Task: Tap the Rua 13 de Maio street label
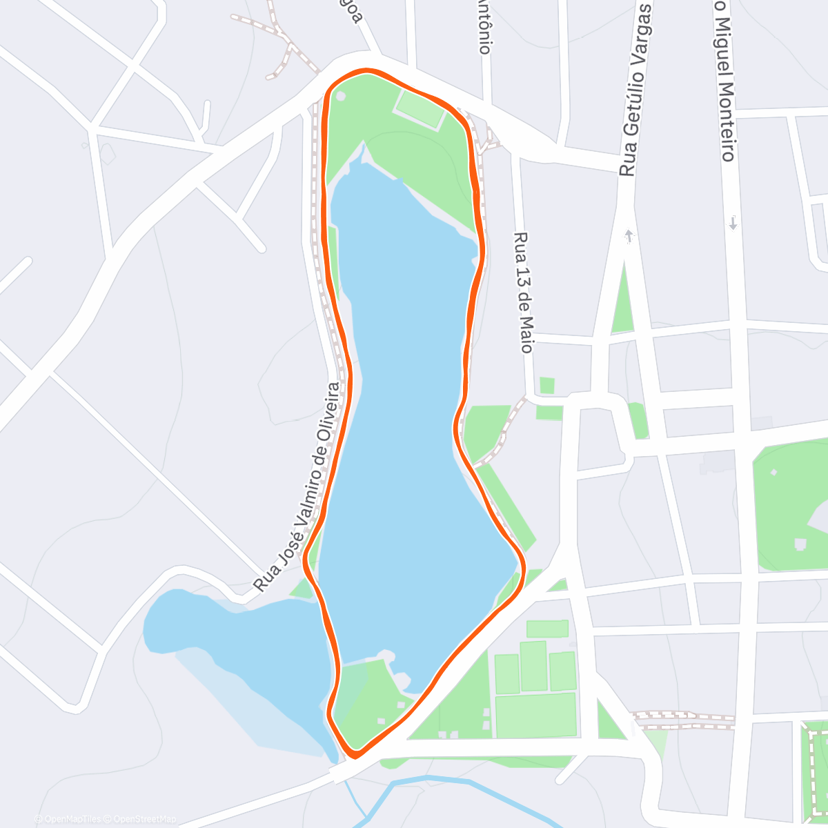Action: [x=524, y=293]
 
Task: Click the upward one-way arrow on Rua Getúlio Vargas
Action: [x=628, y=237]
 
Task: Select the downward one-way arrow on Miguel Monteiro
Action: [x=733, y=223]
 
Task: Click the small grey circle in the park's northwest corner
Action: [x=340, y=96]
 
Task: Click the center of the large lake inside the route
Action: [x=400, y=414]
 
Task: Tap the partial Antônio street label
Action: [x=484, y=26]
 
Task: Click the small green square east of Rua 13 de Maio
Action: [x=547, y=386]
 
